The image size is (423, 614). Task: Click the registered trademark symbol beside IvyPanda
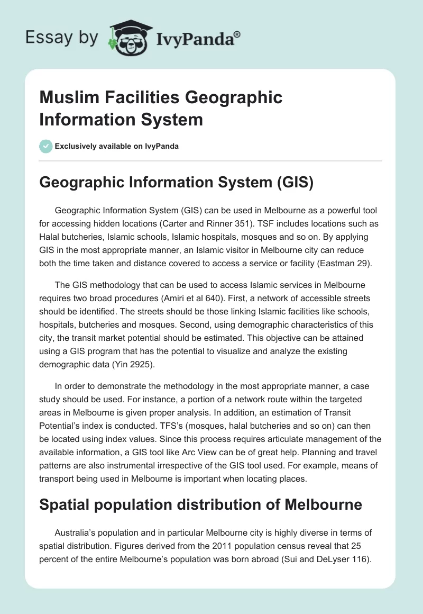[x=237, y=34]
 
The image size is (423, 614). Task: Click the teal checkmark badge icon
[x=46, y=146]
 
